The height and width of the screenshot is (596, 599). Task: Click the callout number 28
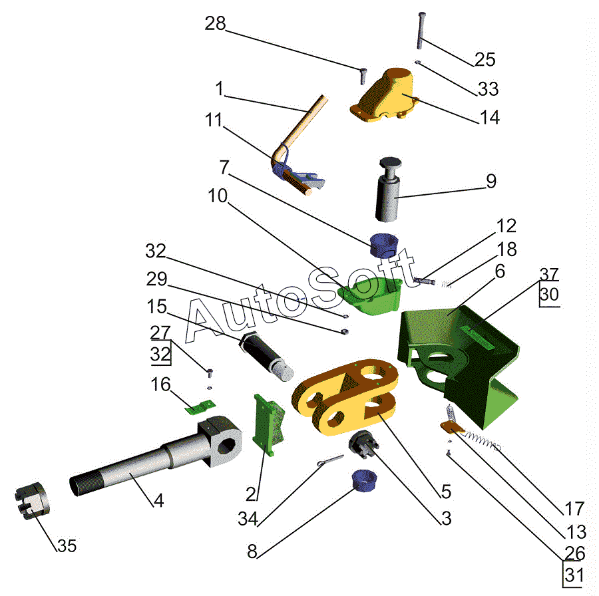coord(215,24)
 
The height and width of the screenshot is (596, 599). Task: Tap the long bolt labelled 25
coord(421,31)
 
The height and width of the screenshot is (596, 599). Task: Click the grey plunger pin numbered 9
coord(389,189)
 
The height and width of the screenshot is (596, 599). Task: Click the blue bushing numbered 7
coord(384,245)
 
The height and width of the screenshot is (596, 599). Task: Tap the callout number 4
coord(158,500)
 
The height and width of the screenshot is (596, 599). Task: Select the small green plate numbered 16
coord(200,407)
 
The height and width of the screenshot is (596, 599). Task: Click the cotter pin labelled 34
coord(330,460)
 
